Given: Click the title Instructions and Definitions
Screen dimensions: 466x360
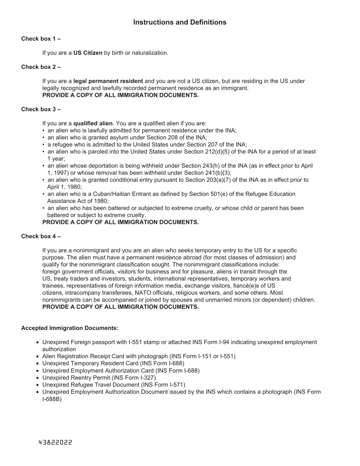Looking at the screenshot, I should click(x=180, y=22).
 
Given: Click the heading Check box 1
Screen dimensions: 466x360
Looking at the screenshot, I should click(x=41, y=39).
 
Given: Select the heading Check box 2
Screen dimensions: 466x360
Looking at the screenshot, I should click(x=41, y=67).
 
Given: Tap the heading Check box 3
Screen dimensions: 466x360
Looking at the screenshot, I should click(x=41, y=109).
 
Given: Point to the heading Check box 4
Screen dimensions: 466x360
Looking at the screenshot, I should click(x=41, y=236).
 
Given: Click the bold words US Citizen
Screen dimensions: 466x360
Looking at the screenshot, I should click(x=88, y=53).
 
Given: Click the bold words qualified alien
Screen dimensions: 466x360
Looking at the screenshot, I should click(x=93, y=124).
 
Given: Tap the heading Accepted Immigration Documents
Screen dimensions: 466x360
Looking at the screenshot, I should click(x=70, y=328).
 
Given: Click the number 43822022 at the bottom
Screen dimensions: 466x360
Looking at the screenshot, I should click(x=55, y=443).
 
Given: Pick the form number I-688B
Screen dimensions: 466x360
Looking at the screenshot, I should click(x=52, y=399).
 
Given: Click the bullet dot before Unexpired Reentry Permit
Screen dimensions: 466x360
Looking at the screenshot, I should click(x=38, y=378).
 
